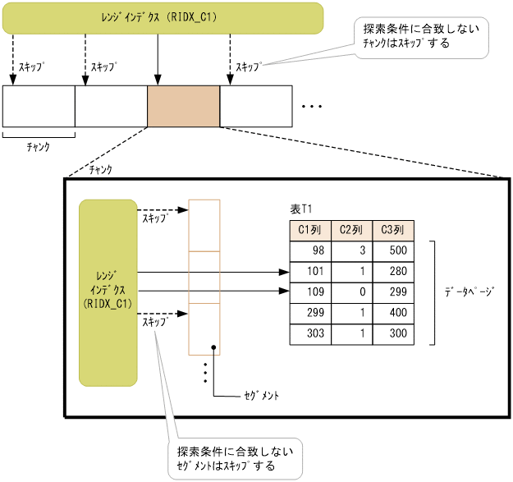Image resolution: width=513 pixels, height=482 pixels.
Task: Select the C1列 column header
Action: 309,230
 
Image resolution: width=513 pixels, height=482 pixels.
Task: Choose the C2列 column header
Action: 351,230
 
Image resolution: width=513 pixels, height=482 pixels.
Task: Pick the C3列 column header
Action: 393,230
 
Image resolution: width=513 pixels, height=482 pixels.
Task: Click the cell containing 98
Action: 309,250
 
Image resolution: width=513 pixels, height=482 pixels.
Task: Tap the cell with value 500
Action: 393,250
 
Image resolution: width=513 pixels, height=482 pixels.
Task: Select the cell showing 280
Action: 393,271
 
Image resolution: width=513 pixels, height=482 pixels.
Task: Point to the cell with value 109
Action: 309,291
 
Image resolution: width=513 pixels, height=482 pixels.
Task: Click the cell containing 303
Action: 309,333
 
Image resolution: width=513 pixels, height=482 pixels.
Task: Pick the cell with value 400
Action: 393,313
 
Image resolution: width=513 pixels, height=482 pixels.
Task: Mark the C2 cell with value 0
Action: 351,291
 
